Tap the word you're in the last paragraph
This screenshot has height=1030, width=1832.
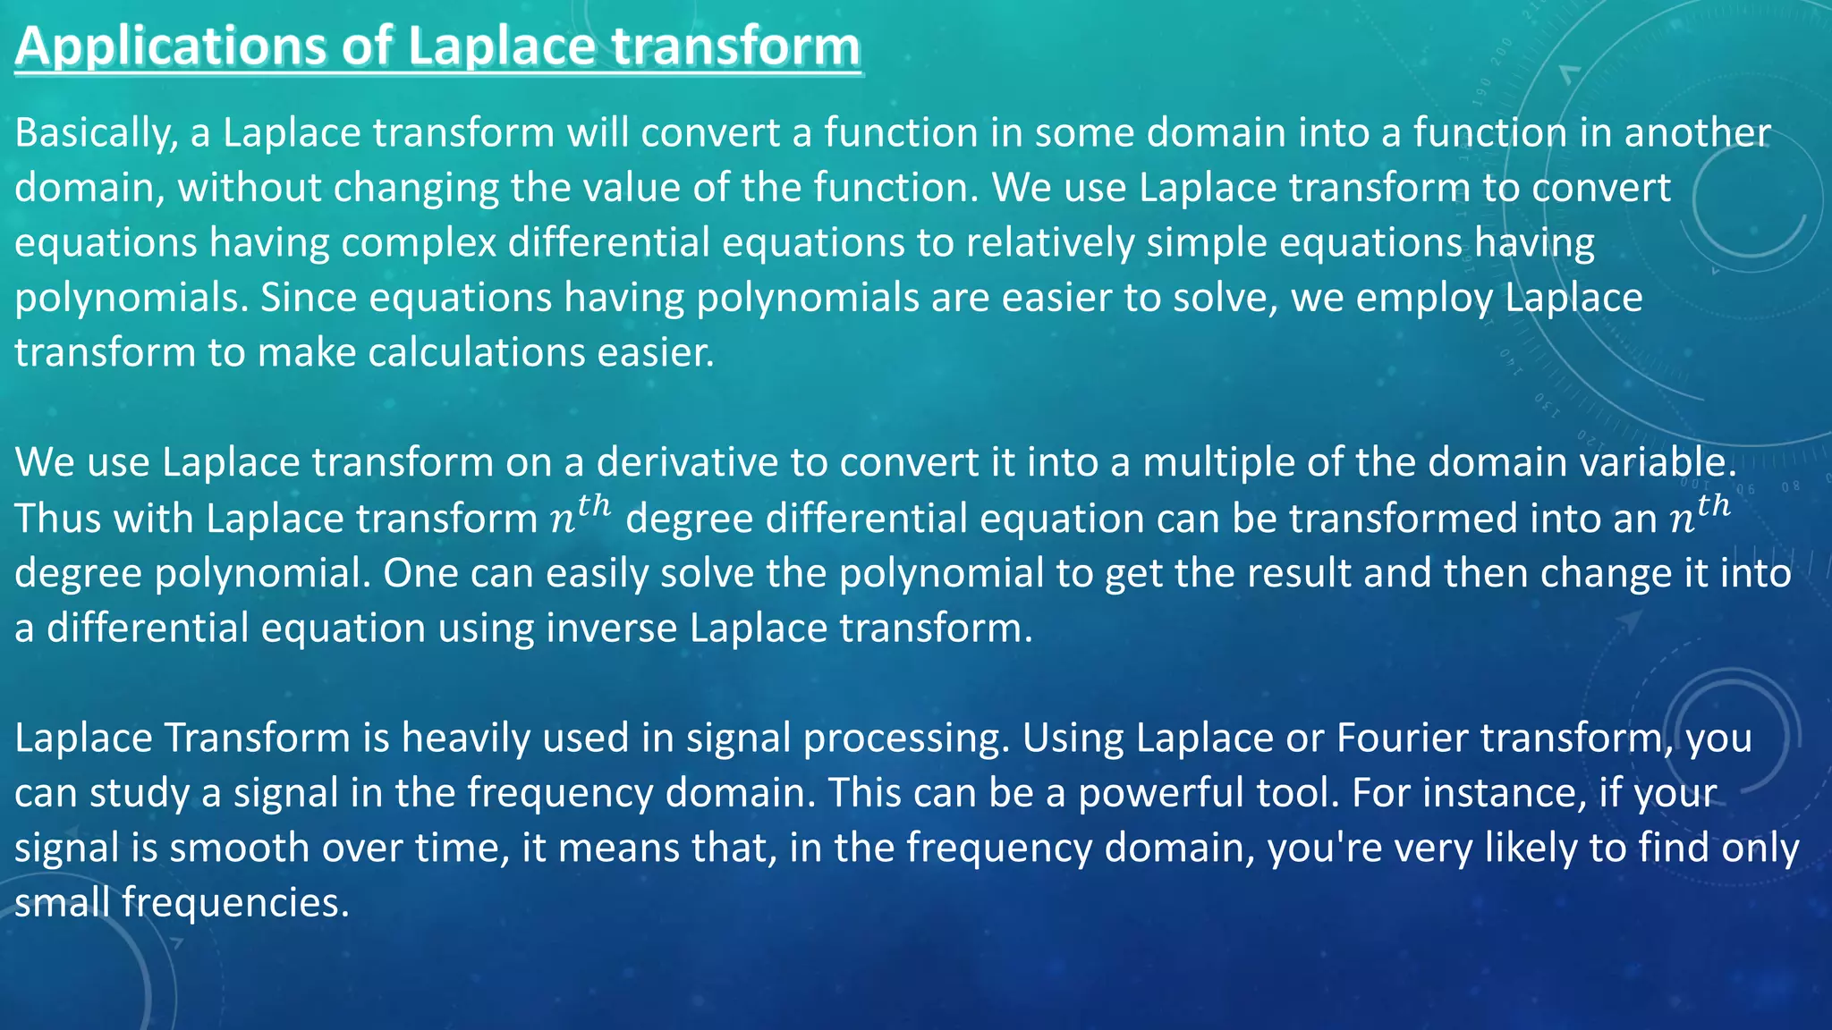[x=1320, y=848]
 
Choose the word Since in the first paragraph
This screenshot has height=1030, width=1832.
[x=308, y=298]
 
